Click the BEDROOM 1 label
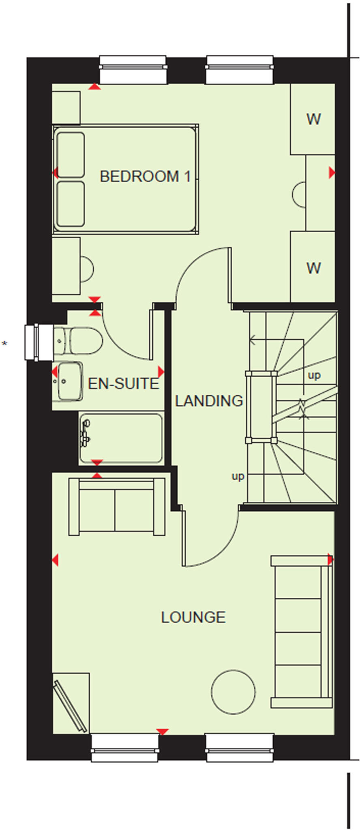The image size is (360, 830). (x=145, y=177)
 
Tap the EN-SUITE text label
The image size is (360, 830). (x=123, y=384)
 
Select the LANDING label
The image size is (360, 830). (x=209, y=401)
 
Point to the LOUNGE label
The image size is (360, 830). (x=193, y=617)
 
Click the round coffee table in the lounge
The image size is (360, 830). (x=233, y=692)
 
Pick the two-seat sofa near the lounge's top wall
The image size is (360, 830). (x=117, y=507)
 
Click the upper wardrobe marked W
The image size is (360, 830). (x=313, y=119)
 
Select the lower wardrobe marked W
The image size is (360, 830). (x=313, y=267)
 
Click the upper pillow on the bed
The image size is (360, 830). (x=71, y=155)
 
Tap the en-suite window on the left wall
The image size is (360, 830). (x=39, y=342)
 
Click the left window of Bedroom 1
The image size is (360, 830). (x=133, y=70)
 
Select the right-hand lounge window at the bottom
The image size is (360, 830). (x=239, y=747)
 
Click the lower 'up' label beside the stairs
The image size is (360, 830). (x=238, y=476)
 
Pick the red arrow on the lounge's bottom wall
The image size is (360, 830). (x=162, y=732)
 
